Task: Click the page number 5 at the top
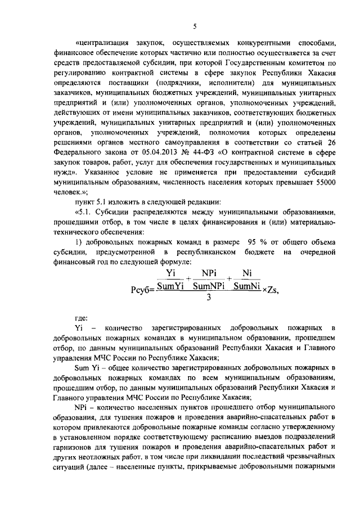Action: pyautogui.click(x=193, y=25)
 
